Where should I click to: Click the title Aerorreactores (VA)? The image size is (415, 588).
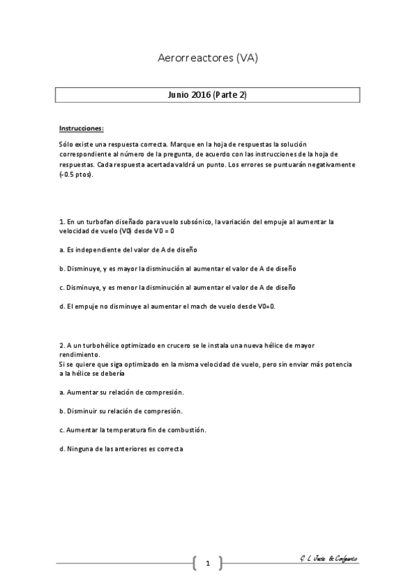point(208,59)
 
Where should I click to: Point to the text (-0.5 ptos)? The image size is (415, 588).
point(76,174)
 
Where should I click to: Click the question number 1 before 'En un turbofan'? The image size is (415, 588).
point(61,222)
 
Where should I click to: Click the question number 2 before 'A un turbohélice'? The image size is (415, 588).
point(61,344)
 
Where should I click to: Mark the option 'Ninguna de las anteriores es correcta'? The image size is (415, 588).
point(121,449)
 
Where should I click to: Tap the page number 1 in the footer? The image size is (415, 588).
point(207,563)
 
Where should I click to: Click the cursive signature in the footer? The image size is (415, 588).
point(324,559)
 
